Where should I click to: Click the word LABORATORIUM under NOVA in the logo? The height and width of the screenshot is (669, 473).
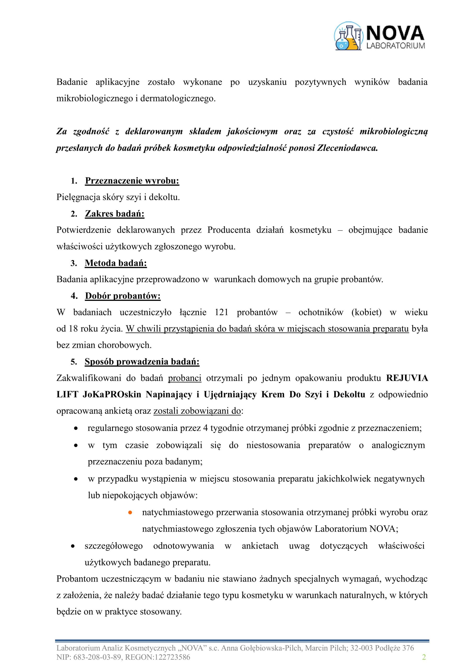(395, 45)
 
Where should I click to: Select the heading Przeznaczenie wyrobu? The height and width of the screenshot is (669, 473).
(132, 181)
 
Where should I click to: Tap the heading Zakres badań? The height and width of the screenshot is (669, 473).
(114, 214)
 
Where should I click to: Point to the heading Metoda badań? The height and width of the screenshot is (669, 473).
(116, 263)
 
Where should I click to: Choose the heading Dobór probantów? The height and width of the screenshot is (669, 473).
(123, 296)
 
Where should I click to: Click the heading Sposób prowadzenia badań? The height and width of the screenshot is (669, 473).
(142, 362)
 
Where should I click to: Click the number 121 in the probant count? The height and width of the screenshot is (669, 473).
(222, 312)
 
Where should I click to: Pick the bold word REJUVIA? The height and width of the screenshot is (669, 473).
(407, 378)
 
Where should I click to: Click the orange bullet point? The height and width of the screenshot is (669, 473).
(130, 512)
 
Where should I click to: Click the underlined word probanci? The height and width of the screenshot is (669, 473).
(184, 378)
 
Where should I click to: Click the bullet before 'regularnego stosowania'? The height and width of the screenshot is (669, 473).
(76, 428)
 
